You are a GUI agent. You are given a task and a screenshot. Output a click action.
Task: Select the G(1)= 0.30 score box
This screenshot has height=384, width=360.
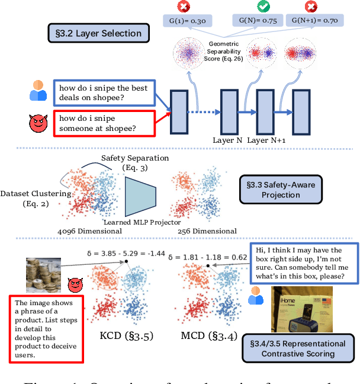point(186,21)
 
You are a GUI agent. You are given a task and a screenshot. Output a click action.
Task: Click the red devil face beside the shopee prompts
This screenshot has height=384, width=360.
point(38,124)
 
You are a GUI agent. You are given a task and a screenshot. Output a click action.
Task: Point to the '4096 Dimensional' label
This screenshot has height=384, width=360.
point(90,231)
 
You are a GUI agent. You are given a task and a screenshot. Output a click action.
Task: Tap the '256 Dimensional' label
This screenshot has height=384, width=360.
point(207,231)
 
